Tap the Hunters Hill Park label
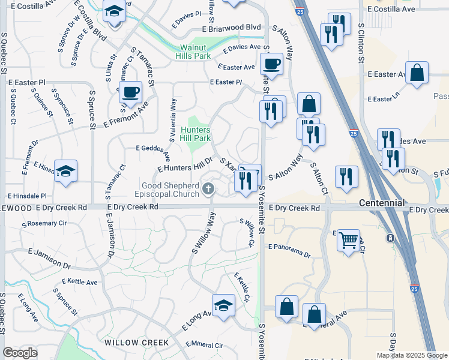(194, 134)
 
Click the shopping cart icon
(348, 241)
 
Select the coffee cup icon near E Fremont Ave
(130, 92)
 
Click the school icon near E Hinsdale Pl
(65, 170)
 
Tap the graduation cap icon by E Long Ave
(223, 305)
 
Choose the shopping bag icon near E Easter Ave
(417, 73)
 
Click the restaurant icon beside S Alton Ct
(346, 176)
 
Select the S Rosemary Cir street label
(44, 223)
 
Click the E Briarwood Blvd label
(232, 28)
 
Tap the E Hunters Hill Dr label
(185, 164)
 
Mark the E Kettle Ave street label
(80, 281)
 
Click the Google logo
(20, 353)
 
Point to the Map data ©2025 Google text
(412, 355)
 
